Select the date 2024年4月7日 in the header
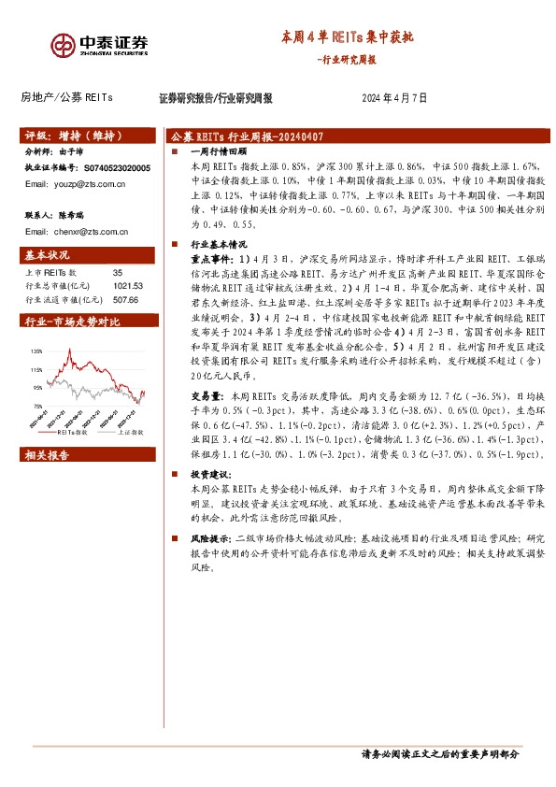[393, 97]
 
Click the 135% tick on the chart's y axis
[36, 351]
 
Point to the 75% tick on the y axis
[37, 406]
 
